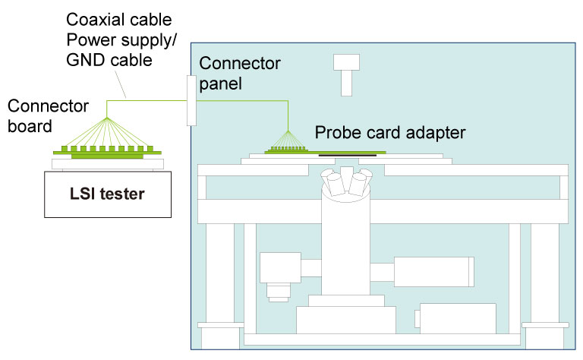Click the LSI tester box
pyautogui.click(x=107, y=194)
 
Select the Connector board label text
pyautogui.click(x=47, y=115)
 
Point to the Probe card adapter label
pyautogui.click(x=390, y=133)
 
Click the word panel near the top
pyautogui.click(x=220, y=82)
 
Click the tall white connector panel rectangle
pyautogui.click(x=191, y=99)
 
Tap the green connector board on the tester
pyautogui.click(x=107, y=153)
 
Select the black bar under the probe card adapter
pyautogui.click(x=347, y=156)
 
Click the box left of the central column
pyautogui.click(x=280, y=267)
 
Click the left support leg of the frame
pyautogui.click(x=220, y=273)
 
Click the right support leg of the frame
pyautogui.click(x=545, y=273)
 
